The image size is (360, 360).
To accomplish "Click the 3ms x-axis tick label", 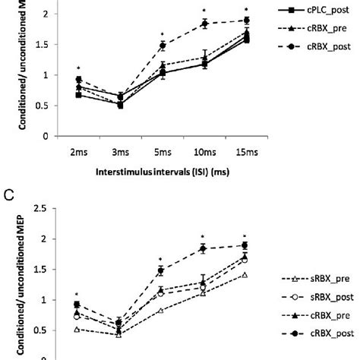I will tap(119, 153).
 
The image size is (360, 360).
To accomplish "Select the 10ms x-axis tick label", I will tap(203, 153).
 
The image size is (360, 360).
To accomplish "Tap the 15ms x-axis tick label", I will tap(245, 153).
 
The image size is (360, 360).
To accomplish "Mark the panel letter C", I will tap(9, 193).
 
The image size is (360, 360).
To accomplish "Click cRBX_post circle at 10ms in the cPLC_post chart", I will tap(203, 24).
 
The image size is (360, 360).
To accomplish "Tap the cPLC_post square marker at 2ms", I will tap(78, 95).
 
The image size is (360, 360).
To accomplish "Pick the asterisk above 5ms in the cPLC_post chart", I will tap(161, 34).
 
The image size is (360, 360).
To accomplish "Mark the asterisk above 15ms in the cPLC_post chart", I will tap(245, 10).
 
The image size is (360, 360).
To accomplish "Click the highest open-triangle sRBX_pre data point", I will tap(245, 274).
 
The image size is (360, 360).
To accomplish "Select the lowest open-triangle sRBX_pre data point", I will tap(119, 334).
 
